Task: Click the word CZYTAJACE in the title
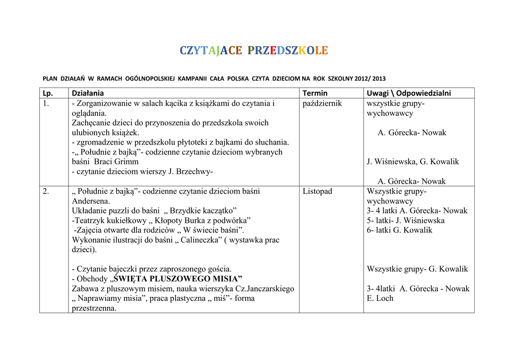[x=211, y=51]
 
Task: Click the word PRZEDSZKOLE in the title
[x=288, y=51]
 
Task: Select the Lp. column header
[x=48, y=93]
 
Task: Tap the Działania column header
[x=88, y=93]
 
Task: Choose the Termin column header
[x=315, y=93]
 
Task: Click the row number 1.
[x=46, y=104]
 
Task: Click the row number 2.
[x=46, y=191]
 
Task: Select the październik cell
[x=322, y=104]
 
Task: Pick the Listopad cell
[x=317, y=191]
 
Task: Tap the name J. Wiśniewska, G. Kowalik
[x=413, y=162]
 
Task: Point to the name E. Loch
[x=380, y=298]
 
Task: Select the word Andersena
[x=91, y=201]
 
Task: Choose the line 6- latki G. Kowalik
[x=399, y=230]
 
